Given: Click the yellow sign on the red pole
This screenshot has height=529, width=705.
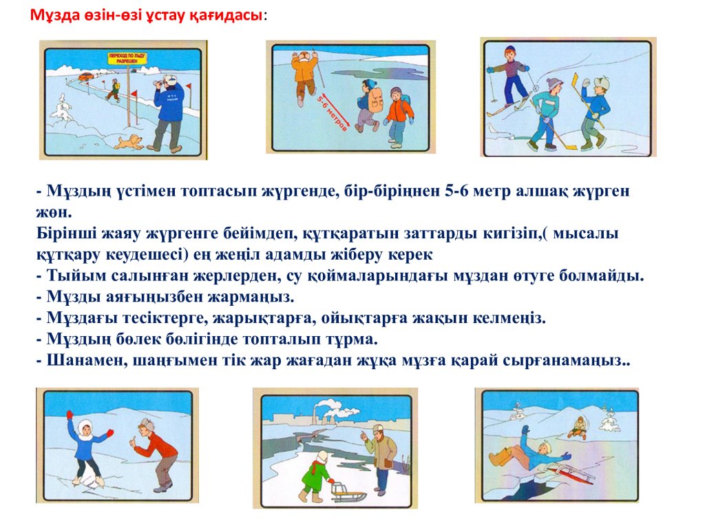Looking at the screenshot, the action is click(x=127, y=58).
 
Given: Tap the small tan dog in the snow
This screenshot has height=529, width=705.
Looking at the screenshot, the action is click(x=129, y=143).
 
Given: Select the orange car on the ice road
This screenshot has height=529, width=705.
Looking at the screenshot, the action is click(x=85, y=76).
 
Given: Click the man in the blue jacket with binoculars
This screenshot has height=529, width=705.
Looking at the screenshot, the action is click(x=167, y=112).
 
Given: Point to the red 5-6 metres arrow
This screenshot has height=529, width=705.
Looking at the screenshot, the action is click(x=333, y=112).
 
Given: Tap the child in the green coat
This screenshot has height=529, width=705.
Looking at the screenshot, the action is click(x=316, y=477).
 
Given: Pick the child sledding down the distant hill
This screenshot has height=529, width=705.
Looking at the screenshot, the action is click(x=578, y=428).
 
